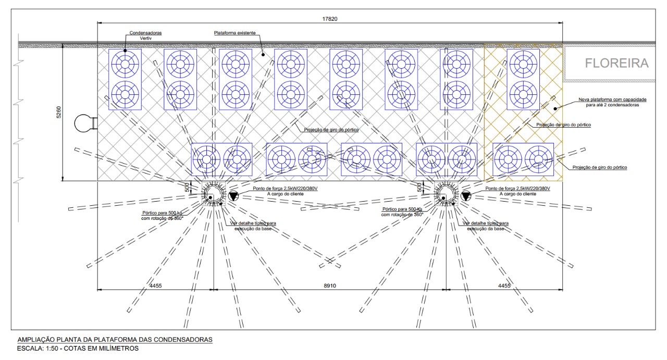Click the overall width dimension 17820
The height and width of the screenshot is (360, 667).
tap(330, 19)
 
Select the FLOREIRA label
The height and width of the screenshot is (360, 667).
tap(616, 63)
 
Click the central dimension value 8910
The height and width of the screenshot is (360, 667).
tap(330, 285)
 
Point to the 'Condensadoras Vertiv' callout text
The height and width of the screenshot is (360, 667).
tap(145, 35)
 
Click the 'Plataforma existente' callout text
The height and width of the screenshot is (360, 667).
tap(234, 33)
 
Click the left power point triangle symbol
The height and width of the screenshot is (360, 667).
tap(233, 195)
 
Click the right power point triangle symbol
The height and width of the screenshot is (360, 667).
tap(466, 195)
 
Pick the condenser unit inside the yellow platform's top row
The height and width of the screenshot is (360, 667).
tap(523, 79)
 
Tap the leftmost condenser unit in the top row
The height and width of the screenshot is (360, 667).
tap(125, 79)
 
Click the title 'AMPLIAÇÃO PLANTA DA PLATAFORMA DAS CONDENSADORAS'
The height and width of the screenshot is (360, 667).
tap(115, 340)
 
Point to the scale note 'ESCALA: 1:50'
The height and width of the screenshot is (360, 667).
tap(78, 349)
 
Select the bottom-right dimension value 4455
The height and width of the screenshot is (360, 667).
tap(504, 285)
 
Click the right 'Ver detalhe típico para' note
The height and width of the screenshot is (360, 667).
tap(486, 224)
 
